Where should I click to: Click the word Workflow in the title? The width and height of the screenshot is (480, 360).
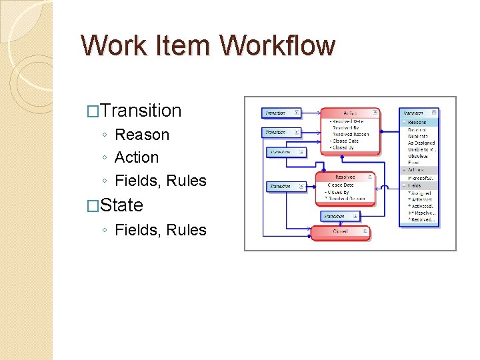coord(277,46)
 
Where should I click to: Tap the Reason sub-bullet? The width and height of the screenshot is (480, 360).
coord(142,135)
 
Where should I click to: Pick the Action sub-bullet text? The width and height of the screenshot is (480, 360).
coord(137,157)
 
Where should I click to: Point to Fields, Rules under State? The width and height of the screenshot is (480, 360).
coord(161,230)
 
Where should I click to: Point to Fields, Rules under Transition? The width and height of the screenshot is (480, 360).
coord(161,181)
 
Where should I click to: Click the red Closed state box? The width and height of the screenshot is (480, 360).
coord(340,232)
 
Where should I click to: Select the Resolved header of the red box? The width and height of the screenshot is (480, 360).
coord(345,177)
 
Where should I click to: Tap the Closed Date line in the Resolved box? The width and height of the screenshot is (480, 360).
coord(341,185)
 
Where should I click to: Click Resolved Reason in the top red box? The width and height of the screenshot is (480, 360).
coord(351,134)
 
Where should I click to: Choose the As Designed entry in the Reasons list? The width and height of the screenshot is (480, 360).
coord(421,143)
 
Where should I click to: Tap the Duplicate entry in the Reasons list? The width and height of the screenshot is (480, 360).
coord(418,136)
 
